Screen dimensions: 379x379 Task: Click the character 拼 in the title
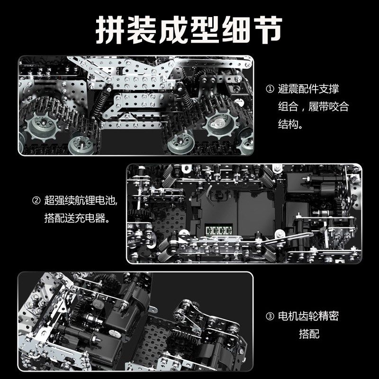pyautogui.click(x=110, y=30)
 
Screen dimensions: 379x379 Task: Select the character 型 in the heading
pyautogui.click(x=206, y=30)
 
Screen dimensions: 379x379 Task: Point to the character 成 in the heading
pyautogui.click(x=174, y=30)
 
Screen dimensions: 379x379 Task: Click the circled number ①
pyautogui.click(x=270, y=89)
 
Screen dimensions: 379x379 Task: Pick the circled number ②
pyautogui.click(x=36, y=200)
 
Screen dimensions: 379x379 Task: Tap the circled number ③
pyautogui.click(x=270, y=316)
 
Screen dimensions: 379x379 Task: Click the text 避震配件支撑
pyautogui.click(x=308, y=89)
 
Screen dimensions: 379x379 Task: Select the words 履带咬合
pyautogui.click(x=328, y=107)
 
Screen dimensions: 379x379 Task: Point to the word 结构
pyautogui.click(x=288, y=124)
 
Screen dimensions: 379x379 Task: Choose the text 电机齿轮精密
pyautogui.click(x=308, y=316)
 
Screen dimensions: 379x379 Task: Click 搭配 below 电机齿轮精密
pyautogui.click(x=309, y=334)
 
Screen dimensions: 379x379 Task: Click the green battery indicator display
pyautogui.click(x=219, y=230)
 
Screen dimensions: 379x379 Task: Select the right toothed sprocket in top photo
pyautogui.click(x=221, y=124)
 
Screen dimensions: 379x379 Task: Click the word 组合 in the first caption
pyautogui.click(x=288, y=107)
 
